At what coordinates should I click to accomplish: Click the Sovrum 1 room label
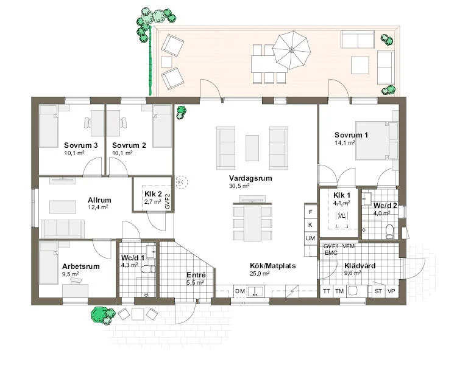coord(351,134)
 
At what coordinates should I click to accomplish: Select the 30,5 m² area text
coord(238,186)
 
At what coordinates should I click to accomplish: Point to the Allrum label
coord(99,200)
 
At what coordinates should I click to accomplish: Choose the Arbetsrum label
coord(80,266)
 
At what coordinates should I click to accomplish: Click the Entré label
coord(196,276)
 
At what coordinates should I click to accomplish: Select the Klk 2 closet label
coord(152,193)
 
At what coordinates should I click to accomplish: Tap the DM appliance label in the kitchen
coord(239,292)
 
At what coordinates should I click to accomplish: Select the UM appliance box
coord(310,237)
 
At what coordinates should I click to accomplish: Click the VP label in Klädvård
coord(391,292)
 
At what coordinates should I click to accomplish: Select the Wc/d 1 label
coord(132,258)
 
